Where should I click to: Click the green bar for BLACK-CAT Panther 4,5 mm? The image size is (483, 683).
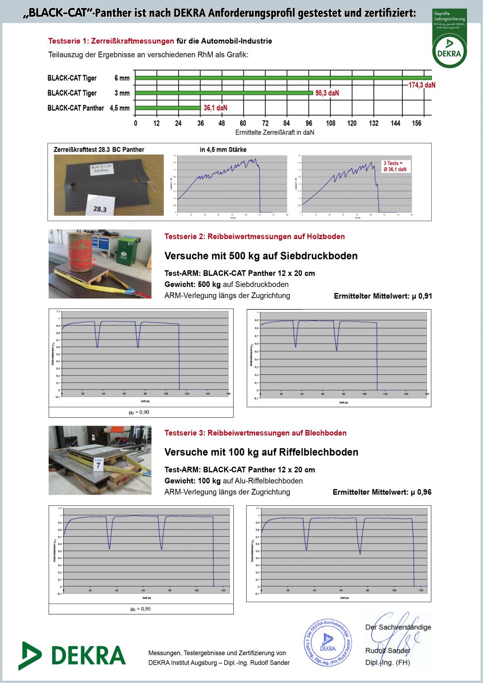pos(168,108)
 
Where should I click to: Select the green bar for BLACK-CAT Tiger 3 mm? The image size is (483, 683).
pos(224,93)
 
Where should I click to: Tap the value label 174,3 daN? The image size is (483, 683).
pos(422,85)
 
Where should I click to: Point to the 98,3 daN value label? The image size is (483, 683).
pos(327,93)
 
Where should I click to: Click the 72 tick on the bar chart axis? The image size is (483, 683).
pos(265,123)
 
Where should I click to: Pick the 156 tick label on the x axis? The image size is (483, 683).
pos(416,123)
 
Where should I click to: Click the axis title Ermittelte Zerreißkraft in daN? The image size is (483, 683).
pos(274,132)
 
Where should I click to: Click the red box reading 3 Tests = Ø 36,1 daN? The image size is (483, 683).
pos(395,166)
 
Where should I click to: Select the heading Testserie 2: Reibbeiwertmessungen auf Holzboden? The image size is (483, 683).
pos(255,236)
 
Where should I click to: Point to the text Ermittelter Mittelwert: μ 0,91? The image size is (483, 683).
pos(383,296)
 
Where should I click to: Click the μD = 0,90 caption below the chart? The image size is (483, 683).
pos(139,412)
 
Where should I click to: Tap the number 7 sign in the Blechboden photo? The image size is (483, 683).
pos(99,464)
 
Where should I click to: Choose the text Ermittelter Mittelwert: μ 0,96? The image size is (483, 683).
pos(382,492)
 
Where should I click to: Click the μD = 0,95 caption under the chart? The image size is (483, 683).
pos(140,609)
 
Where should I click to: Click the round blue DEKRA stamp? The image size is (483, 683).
pos(327,642)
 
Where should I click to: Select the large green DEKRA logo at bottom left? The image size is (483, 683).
pos(72,655)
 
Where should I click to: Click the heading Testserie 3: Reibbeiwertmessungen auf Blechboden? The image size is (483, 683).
pos(255,433)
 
